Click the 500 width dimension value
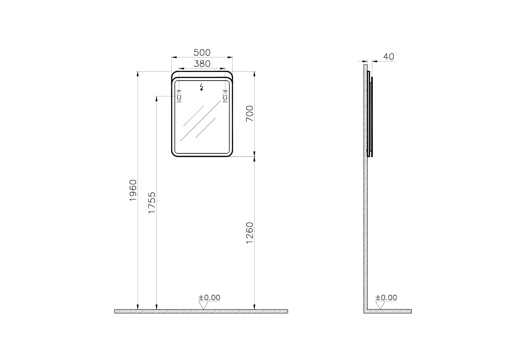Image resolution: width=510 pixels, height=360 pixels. pyautogui.click(x=202, y=52)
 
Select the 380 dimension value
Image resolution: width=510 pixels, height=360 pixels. pyautogui.click(x=202, y=64)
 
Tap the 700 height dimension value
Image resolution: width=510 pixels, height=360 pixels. pyautogui.click(x=249, y=114)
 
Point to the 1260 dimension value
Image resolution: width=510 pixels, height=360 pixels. pyautogui.click(x=249, y=233)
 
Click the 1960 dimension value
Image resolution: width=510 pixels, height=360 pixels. pyautogui.click(x=133, y=190)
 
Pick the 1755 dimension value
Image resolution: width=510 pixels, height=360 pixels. pyautogui.click(x=152, y=203)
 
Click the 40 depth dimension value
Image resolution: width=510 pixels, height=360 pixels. pyautogui.click(x=389, y=57)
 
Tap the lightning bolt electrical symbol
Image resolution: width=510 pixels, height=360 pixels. pyautogui.click(x=202, y=87)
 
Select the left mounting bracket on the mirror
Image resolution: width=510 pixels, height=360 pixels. pyautogui.click(x=179, y=96)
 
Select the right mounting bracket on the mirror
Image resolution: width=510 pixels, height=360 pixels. pyautogui.click(x=225, y=96)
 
